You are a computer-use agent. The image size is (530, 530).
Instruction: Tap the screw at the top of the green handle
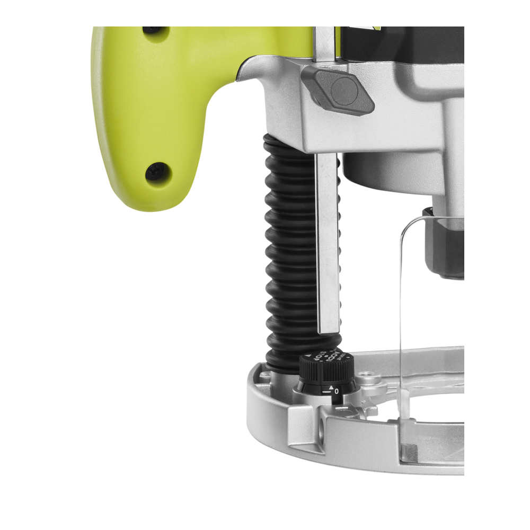(x=152, y=30)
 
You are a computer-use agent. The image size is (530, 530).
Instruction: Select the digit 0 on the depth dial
(x=337, y=392)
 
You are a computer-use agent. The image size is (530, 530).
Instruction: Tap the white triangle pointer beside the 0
(x=331, y=387)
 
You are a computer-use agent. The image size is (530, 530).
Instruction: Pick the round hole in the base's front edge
(x=322, y=428)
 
